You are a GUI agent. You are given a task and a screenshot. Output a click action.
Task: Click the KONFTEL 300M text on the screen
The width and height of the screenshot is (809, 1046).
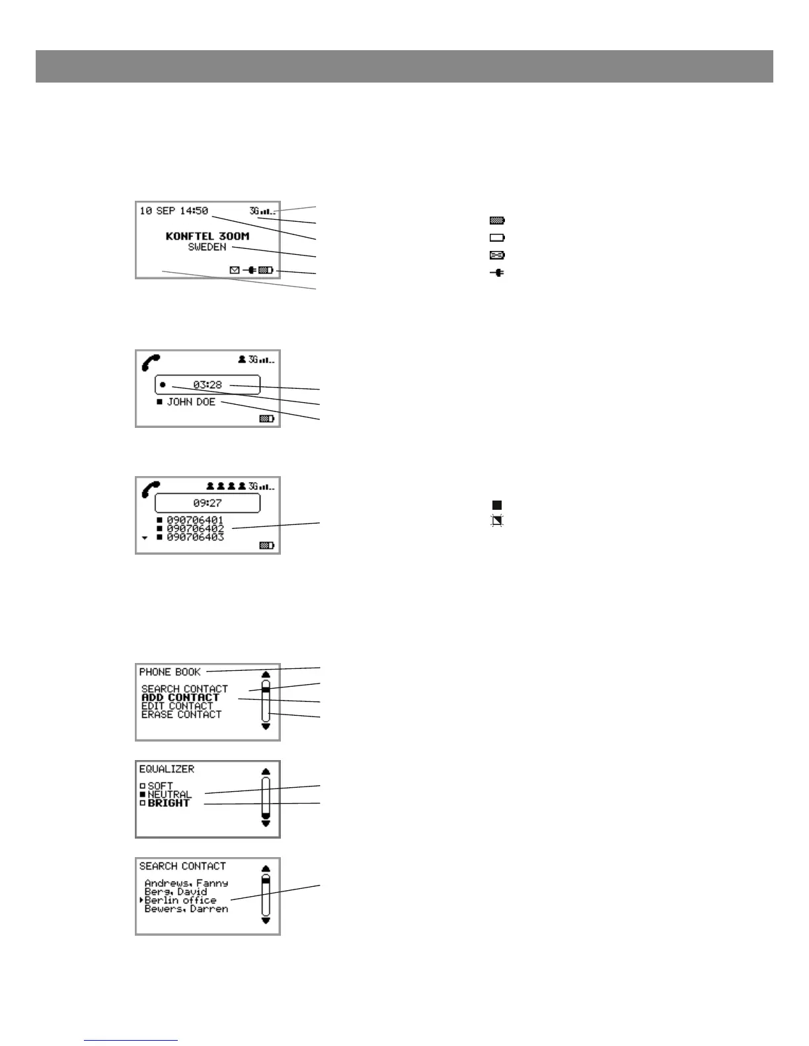[x=208, y=236]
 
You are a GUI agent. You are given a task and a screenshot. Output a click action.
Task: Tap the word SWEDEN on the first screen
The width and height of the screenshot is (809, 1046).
[x=207, y=247]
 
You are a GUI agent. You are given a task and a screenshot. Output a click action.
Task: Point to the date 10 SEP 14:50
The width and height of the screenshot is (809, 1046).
[x=173, y=211]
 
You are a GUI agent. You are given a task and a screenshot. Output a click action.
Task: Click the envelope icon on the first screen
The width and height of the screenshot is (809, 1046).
[x=234, y=269]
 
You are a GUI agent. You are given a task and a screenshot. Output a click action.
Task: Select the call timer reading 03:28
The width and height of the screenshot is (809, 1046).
[x=208, y=384]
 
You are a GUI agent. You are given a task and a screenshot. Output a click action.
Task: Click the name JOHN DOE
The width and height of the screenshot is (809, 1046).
[x=191, y=401]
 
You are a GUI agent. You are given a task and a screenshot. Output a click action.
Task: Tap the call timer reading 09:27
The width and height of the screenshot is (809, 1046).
[x=208, y=503]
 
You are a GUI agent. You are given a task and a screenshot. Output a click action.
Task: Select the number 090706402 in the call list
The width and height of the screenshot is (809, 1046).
[x=195, y=529]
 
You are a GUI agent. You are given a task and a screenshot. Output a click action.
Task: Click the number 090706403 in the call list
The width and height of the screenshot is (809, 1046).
[x=195, y=538]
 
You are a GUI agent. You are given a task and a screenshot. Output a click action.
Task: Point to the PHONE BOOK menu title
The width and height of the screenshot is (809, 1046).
[x=170, y=672]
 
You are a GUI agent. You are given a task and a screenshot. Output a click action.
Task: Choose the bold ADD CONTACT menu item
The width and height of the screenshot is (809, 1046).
[x=180, y=697]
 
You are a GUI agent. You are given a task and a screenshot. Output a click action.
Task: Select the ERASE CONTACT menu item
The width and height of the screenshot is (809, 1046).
[x=182, y=715]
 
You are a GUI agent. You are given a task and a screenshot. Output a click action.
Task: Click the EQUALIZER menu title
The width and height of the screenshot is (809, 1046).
[x=167, y=769]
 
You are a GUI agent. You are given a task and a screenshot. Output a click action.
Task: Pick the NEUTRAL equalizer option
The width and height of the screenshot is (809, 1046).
[x=169, y=794]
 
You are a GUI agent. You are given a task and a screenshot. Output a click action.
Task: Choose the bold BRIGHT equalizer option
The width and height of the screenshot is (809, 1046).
[x=169, y=804]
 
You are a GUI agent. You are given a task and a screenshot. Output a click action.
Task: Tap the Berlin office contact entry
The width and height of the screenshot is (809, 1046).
[x=180, y=901]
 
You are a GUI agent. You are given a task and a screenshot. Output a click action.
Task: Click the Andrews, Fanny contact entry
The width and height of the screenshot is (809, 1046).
[x=186, y=883]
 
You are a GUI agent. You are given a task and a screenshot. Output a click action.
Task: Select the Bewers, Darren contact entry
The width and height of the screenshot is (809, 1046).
[x=186, y=909]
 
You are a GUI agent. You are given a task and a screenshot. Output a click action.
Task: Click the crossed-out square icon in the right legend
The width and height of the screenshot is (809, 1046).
[x=497, y=521]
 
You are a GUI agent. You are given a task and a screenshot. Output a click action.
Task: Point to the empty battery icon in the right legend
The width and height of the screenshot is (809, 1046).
[x=497, y=238]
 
